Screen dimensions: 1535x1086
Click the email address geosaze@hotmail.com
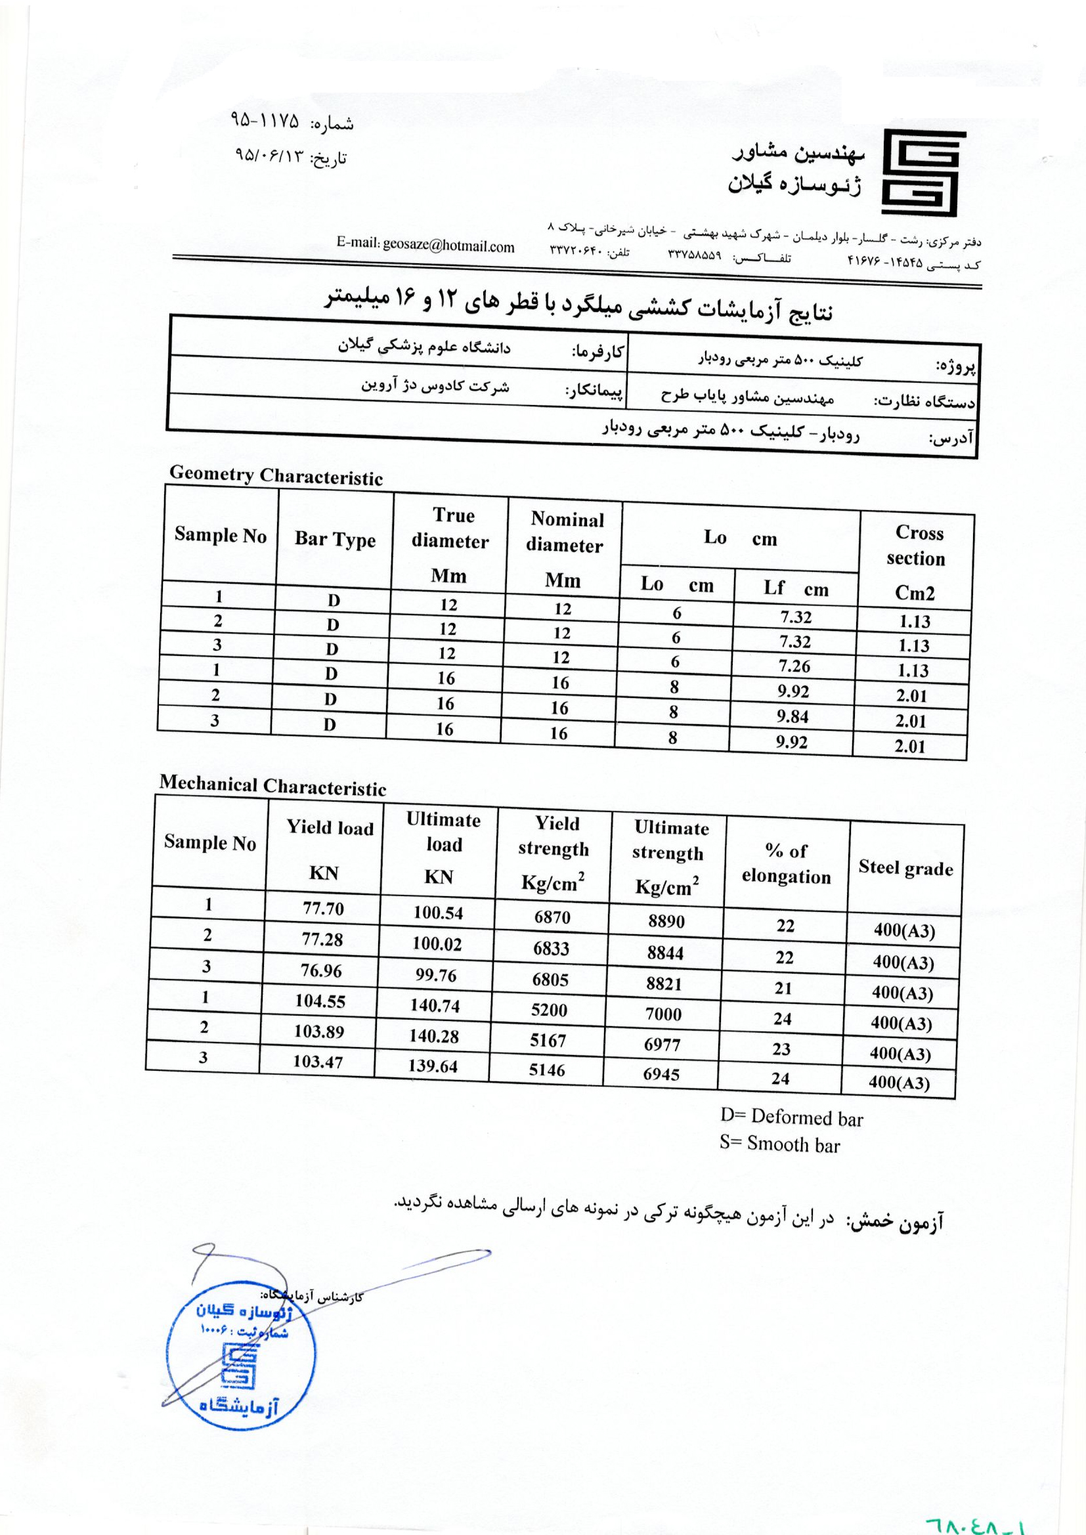click(x=425, y=246)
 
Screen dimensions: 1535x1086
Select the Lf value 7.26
click(x=794, y=666)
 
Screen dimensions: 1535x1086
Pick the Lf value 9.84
click(x=793, y=717)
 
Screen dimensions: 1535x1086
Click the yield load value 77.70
click(x=323, y=909)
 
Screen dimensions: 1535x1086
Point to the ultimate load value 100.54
click(x=438, y=913)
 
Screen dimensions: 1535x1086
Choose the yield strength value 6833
click(x=551, y=948)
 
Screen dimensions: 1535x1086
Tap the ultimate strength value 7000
click(x=663, y=1014)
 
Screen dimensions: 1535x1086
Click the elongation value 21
click(x=783, y=988)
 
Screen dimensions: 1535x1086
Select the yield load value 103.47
click(x=318, y=1061)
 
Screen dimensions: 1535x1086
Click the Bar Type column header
click(x=335, y=540)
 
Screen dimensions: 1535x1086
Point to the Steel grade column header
click(x=905, y=868)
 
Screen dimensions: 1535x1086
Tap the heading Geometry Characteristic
click(x=276, y=475)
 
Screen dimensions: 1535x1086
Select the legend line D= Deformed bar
click(x=792, y=1118)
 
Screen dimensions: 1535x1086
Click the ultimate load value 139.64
click(x=433, y=1066)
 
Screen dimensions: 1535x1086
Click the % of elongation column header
click(x=787, y=864)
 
